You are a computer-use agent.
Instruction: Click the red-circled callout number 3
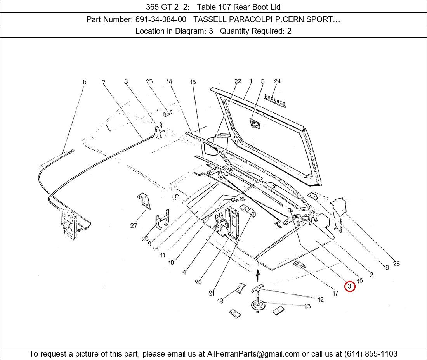349,286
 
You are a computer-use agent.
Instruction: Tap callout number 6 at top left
84,81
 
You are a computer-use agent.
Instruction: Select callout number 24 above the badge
278,81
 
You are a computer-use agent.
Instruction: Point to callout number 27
134,225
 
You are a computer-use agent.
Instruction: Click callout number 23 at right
396,263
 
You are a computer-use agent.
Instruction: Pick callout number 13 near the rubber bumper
307,306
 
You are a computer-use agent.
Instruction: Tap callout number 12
321,299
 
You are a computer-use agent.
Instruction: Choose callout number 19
220,301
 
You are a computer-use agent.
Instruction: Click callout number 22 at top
238,81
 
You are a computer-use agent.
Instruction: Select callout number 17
335,293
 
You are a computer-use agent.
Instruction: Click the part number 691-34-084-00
161,19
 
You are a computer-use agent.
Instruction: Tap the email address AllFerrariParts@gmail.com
253,354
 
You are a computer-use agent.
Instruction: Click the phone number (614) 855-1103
371,354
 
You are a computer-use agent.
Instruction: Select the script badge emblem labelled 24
275,100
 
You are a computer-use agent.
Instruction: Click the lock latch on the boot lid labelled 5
255,124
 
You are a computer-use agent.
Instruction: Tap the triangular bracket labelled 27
144,201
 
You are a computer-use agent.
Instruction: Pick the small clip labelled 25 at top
168,112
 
